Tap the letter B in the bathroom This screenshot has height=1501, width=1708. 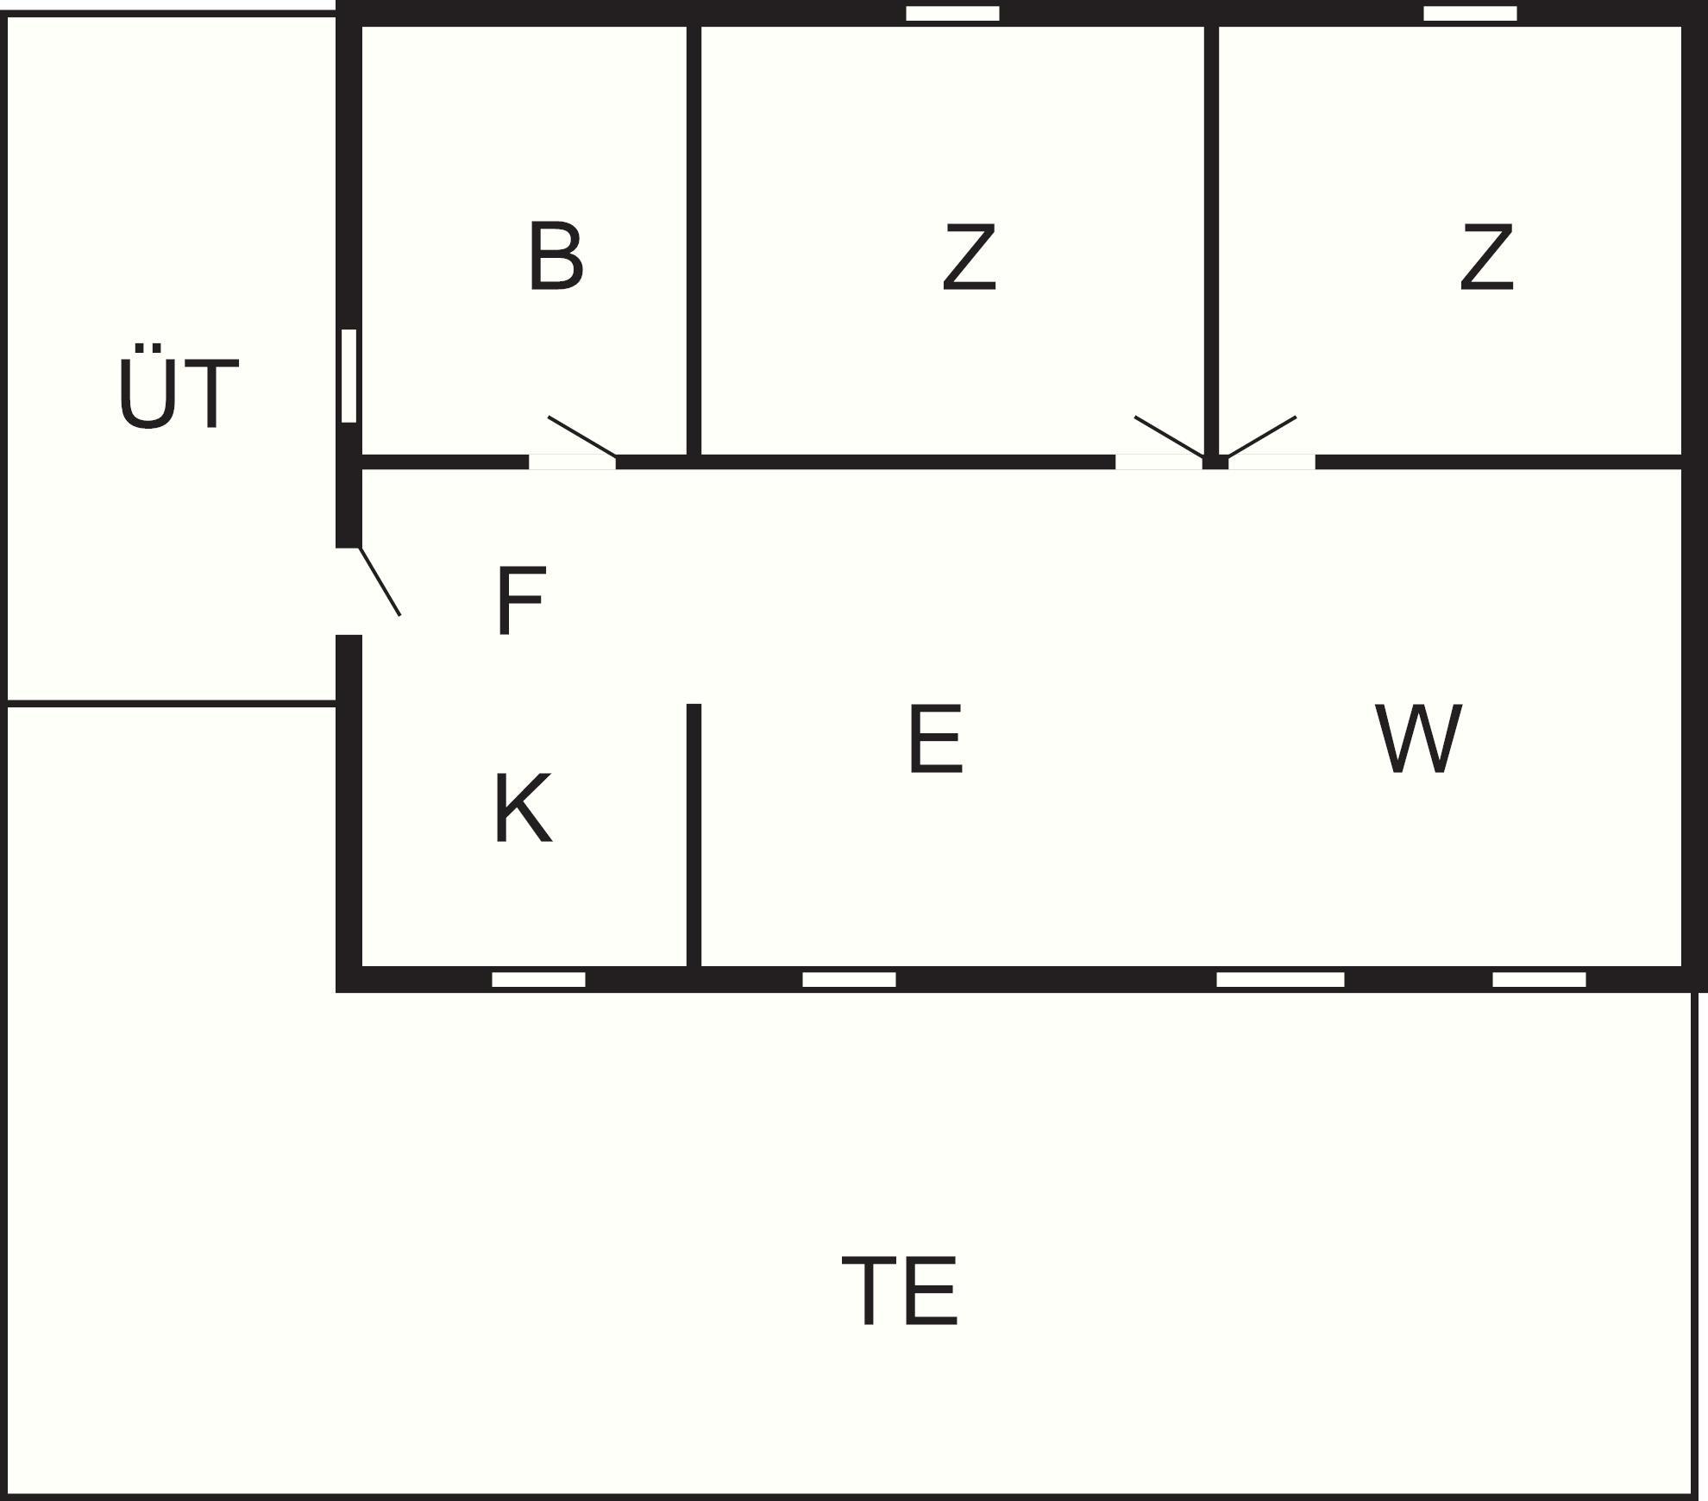point(556,256)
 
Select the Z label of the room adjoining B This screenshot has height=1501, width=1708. point(969,256)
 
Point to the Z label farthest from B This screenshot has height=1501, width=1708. point(1486,256)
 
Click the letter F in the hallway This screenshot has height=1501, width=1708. point(521,600)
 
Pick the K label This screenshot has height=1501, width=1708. point(523,808)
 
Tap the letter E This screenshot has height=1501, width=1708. point(935,738)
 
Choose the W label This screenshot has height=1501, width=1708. point(1418,738)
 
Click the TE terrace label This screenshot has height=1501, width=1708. point(900,1291)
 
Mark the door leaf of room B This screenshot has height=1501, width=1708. point(582,436)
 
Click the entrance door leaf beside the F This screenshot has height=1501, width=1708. point(380,581)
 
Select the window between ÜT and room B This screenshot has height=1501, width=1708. point(349,375)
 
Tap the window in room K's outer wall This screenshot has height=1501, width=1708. point(538,979)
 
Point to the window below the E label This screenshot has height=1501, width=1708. point(849,979)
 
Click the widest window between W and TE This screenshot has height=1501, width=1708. point(1280,979)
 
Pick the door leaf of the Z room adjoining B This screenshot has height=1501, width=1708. point(1169,436)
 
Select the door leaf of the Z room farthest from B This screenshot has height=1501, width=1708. point(1261,436)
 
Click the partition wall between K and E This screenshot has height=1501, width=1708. point(694,835)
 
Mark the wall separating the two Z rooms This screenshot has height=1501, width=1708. point(1211,240)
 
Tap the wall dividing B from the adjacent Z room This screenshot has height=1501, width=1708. point(694,240)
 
